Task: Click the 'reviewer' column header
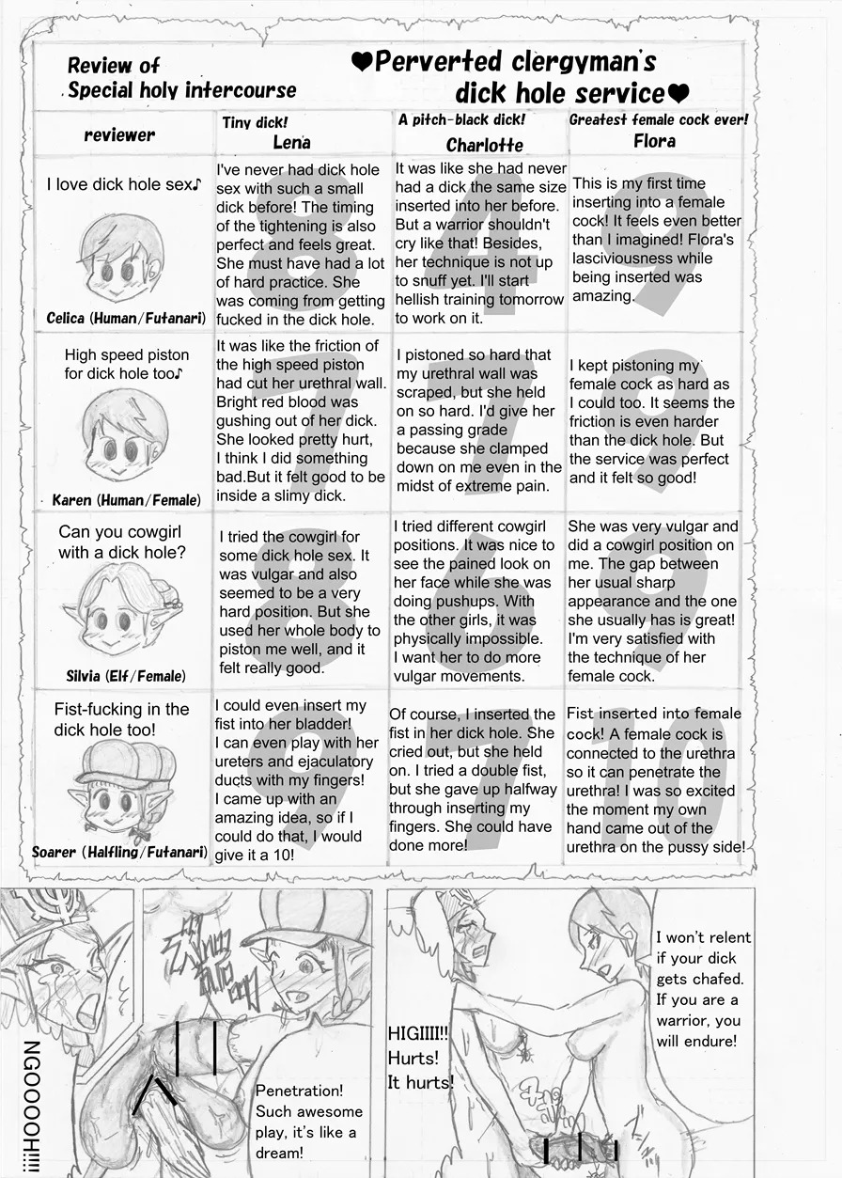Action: [119, 135]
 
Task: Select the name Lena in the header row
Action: [291, 143]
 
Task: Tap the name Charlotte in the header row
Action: [484, 145]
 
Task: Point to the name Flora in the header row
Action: [654, 141]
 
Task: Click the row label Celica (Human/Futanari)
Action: [126, 319]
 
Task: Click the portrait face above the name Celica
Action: [122, 257]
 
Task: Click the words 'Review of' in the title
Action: [114, 66]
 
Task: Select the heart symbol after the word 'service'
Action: [678, 94]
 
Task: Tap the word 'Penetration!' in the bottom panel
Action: [300, 1091]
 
